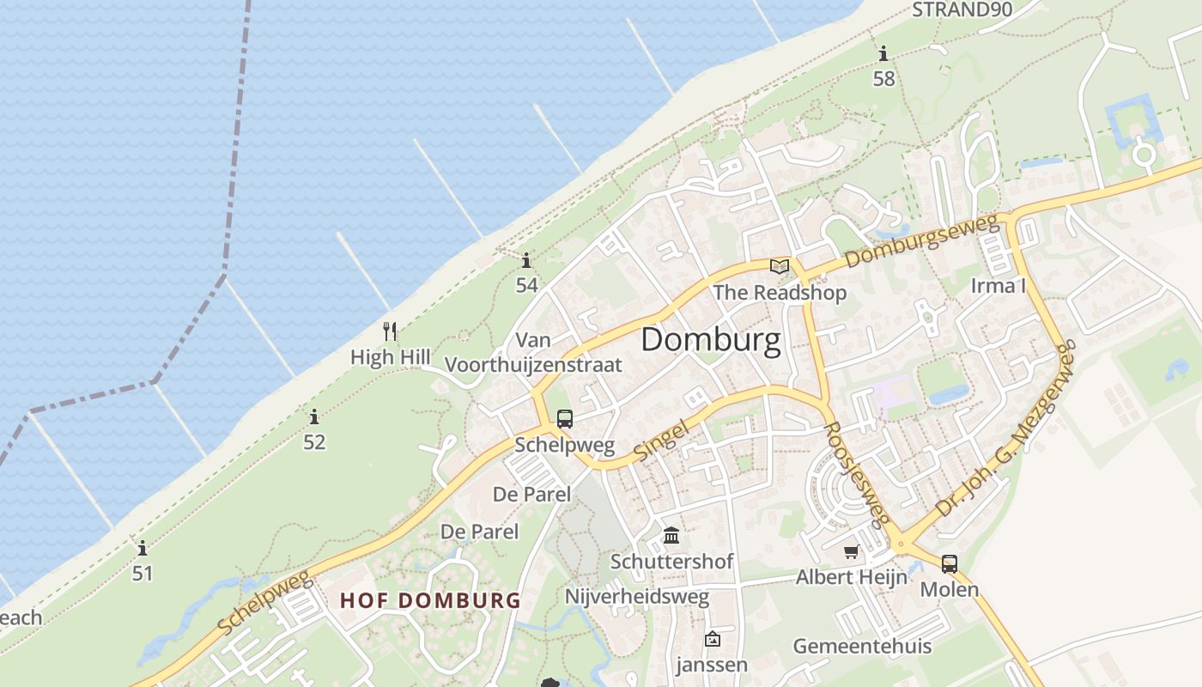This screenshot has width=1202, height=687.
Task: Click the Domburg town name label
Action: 711,340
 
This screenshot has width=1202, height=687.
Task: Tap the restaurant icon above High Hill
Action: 390,331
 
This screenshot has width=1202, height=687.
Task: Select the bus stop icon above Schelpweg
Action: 564,419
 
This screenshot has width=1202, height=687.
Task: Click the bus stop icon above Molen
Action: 949,564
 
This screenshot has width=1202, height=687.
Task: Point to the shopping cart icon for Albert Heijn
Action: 851,552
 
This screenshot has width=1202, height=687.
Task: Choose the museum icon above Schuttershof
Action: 671,536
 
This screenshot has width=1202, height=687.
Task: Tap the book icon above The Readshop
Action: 779,266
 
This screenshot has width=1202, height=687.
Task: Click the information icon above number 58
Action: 883,54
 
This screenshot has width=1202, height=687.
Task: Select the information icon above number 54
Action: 526,260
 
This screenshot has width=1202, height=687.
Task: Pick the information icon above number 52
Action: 314,417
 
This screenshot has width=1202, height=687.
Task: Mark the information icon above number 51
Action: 143,548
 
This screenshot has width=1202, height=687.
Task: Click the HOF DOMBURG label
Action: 430,600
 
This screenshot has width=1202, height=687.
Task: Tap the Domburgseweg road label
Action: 923,241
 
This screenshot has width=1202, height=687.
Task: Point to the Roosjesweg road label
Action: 856,473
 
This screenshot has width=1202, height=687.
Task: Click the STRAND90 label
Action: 962,9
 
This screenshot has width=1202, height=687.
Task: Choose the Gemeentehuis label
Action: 862,646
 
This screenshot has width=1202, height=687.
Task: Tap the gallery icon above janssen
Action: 712,639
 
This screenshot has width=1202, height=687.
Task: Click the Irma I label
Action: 998,286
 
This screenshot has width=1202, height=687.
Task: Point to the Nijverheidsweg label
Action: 637,597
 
